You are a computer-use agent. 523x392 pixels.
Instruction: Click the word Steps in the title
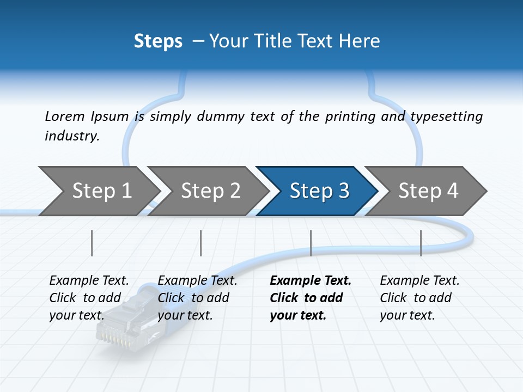coord(158,41)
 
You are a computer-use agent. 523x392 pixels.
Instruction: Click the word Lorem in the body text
coord(64,117)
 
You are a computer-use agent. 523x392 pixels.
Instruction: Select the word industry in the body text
coord(72,136)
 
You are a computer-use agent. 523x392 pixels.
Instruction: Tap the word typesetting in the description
coord(446,117)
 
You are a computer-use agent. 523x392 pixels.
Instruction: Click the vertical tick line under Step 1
coord(92,243)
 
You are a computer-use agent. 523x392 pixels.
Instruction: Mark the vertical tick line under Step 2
coord(201,243)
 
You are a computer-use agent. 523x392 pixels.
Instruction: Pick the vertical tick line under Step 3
coord(311,243)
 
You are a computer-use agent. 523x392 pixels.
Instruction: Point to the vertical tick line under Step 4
coord(421,243)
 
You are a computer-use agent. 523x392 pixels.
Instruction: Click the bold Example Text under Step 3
coord(311,281)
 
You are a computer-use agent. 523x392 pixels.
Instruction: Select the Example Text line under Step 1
coord(89,281)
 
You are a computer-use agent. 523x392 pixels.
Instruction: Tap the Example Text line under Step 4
coord(419,281)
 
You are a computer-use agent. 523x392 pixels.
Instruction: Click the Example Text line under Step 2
coord(197,281)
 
